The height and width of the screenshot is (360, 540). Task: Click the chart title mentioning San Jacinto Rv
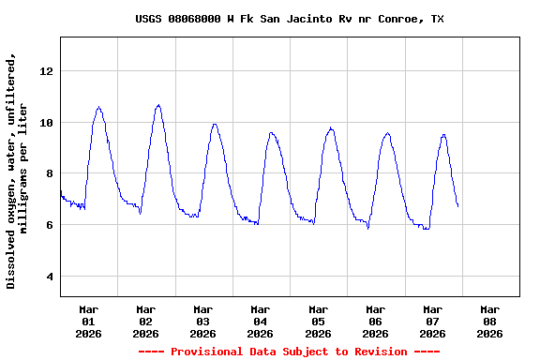289,19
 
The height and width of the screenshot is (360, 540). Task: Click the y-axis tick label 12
47,71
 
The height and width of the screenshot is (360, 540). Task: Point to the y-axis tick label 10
47,123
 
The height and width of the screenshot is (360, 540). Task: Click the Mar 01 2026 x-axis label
89,321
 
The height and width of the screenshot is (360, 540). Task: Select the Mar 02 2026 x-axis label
146,321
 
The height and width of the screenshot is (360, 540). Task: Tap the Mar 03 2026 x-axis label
203,321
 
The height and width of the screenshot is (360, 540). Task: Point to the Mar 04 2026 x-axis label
261,321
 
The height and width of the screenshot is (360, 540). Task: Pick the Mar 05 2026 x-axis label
318,321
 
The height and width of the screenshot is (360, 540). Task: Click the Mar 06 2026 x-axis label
375,321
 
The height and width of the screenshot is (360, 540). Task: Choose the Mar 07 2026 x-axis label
432,321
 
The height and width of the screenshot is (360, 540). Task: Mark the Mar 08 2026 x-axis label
489,321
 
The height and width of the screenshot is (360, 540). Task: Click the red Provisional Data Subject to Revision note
289,352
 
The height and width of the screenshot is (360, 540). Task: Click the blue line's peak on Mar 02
158,105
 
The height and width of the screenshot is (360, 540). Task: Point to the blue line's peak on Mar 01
98,107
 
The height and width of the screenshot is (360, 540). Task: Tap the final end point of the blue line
457,206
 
